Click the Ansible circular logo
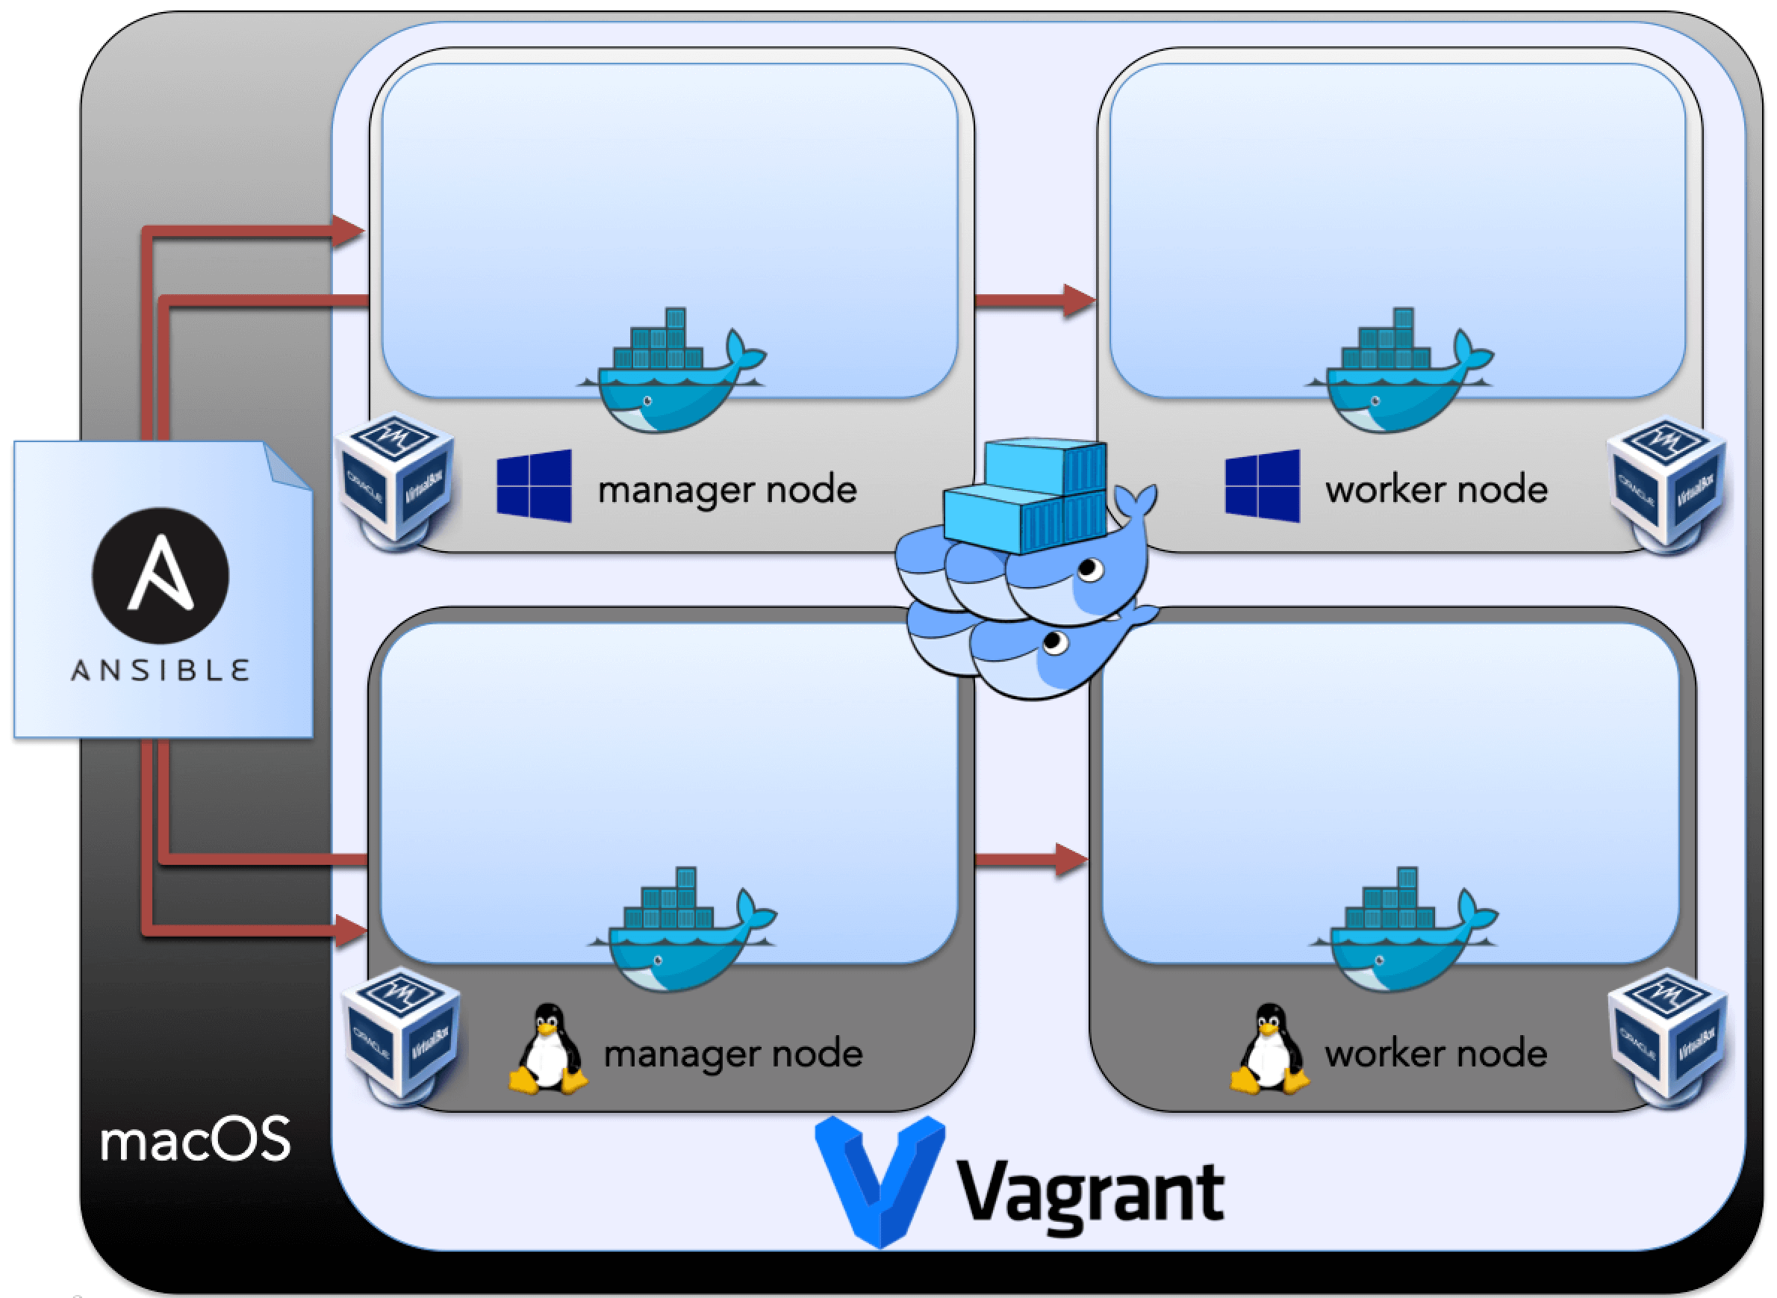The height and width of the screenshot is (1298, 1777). pos(161,576)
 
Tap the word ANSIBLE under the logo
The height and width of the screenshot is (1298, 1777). pos(161,670)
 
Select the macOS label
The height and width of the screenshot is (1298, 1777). pos(196,1140)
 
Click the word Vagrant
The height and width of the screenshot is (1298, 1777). pos(1090,1193)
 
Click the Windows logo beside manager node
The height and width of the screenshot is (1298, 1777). pos(534,486)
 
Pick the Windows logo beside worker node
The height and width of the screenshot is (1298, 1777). pos(1262,486)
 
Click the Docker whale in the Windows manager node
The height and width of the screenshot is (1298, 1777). pos(672,372)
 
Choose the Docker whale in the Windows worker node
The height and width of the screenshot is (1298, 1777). pos(1399,372)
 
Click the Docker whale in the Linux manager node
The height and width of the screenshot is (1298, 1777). pos(682,931)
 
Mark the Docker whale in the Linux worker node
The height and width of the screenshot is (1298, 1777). pos(1403,931)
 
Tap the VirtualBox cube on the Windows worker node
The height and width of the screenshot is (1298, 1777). pos(1666,482)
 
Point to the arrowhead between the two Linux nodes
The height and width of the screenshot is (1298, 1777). pos(1071,860)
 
